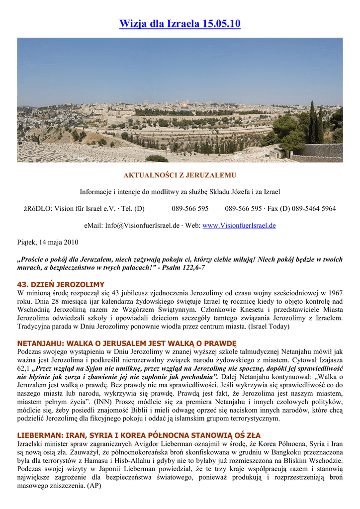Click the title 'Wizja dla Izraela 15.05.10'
pos(180,23)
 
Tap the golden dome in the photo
pos(184,106)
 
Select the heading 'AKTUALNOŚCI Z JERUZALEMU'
pos(180,175)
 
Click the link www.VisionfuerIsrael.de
pos(239,225)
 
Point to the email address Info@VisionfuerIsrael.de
pos(142,225)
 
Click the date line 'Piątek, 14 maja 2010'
pos(48,242)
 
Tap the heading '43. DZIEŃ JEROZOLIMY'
pos(61,284)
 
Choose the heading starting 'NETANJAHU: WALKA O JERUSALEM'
pos(127,343)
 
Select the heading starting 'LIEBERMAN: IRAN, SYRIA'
pos(139,435)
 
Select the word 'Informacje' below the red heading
pos(97,192)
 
